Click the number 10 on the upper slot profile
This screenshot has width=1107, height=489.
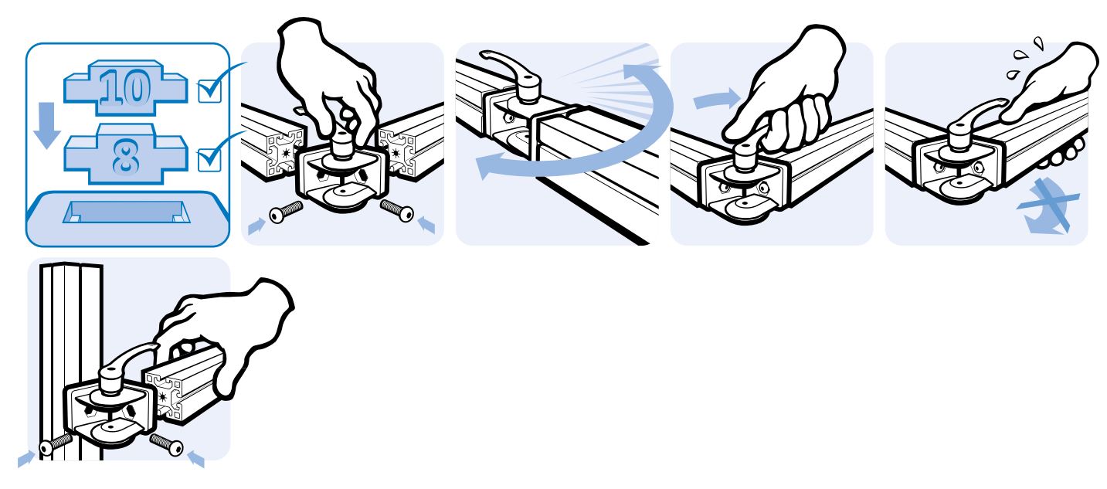point(125,87)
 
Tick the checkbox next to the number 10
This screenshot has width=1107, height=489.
point(209,91)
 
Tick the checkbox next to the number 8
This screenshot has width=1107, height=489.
point(209,159)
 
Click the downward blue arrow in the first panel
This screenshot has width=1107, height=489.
point(46,125)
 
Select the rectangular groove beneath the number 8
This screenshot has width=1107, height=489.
point(127,212)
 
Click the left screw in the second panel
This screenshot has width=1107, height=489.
point(286,212)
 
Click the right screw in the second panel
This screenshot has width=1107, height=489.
point(397,210)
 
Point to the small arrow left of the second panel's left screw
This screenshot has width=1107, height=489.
point(256,226)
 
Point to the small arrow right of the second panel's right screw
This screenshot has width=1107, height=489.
point(426,225)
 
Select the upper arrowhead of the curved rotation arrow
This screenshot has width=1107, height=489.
point(640,71)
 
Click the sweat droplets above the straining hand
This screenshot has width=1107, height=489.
point(1026,59)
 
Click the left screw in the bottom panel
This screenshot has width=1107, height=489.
point(56,443)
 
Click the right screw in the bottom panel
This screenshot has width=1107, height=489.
point(167,444)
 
